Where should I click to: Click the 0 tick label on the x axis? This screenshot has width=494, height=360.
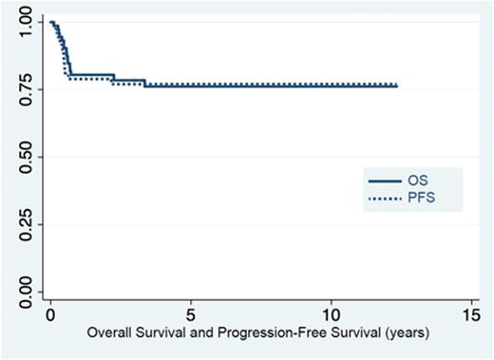pyautogui.click(x=50, y=314)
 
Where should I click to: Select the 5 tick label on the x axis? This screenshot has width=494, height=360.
pyautogui.click(x=191, y=314)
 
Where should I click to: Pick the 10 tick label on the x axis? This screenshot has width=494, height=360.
pyautogui.click(x=331, y=314)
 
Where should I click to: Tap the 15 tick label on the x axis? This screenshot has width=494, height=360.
pyautogui.click(x=470, y=314)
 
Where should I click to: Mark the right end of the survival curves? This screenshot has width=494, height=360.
pyautogui.click(x=396, y=85)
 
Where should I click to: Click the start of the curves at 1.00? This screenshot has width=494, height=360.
pyautogui.click(x=51, y=22)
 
